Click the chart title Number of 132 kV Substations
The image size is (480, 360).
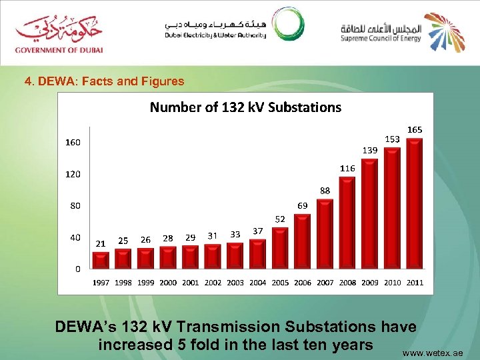coord(245,107)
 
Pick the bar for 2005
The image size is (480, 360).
coord(280,248)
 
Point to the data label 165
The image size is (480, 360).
coord(415,129)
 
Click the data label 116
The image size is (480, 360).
coord(347,169)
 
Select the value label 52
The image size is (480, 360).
coord(280,219)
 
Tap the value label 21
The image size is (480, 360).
coord(101,243)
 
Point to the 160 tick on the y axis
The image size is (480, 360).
coord(73,143)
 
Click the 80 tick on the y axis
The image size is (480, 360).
coord(75,206)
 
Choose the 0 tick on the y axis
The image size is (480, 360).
coord(77,269)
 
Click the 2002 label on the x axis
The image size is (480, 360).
coord(213,283)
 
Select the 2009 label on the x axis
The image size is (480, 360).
coord(370,283)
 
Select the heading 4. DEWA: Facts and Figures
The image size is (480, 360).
coord(104,82)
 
